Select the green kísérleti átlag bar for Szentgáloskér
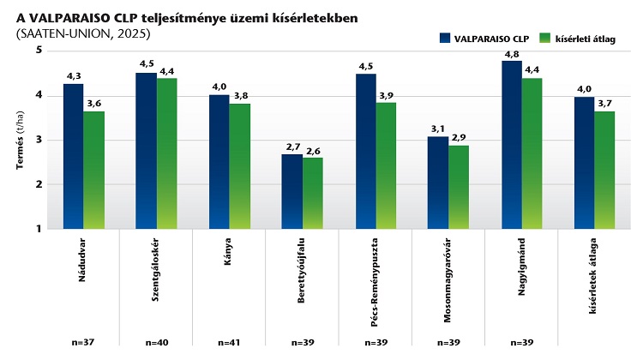[167, 153]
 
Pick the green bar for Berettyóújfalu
[313, 193]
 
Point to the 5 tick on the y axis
[39, 51]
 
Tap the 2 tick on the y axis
[39, 184]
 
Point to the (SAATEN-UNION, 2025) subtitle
[82, 33]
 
